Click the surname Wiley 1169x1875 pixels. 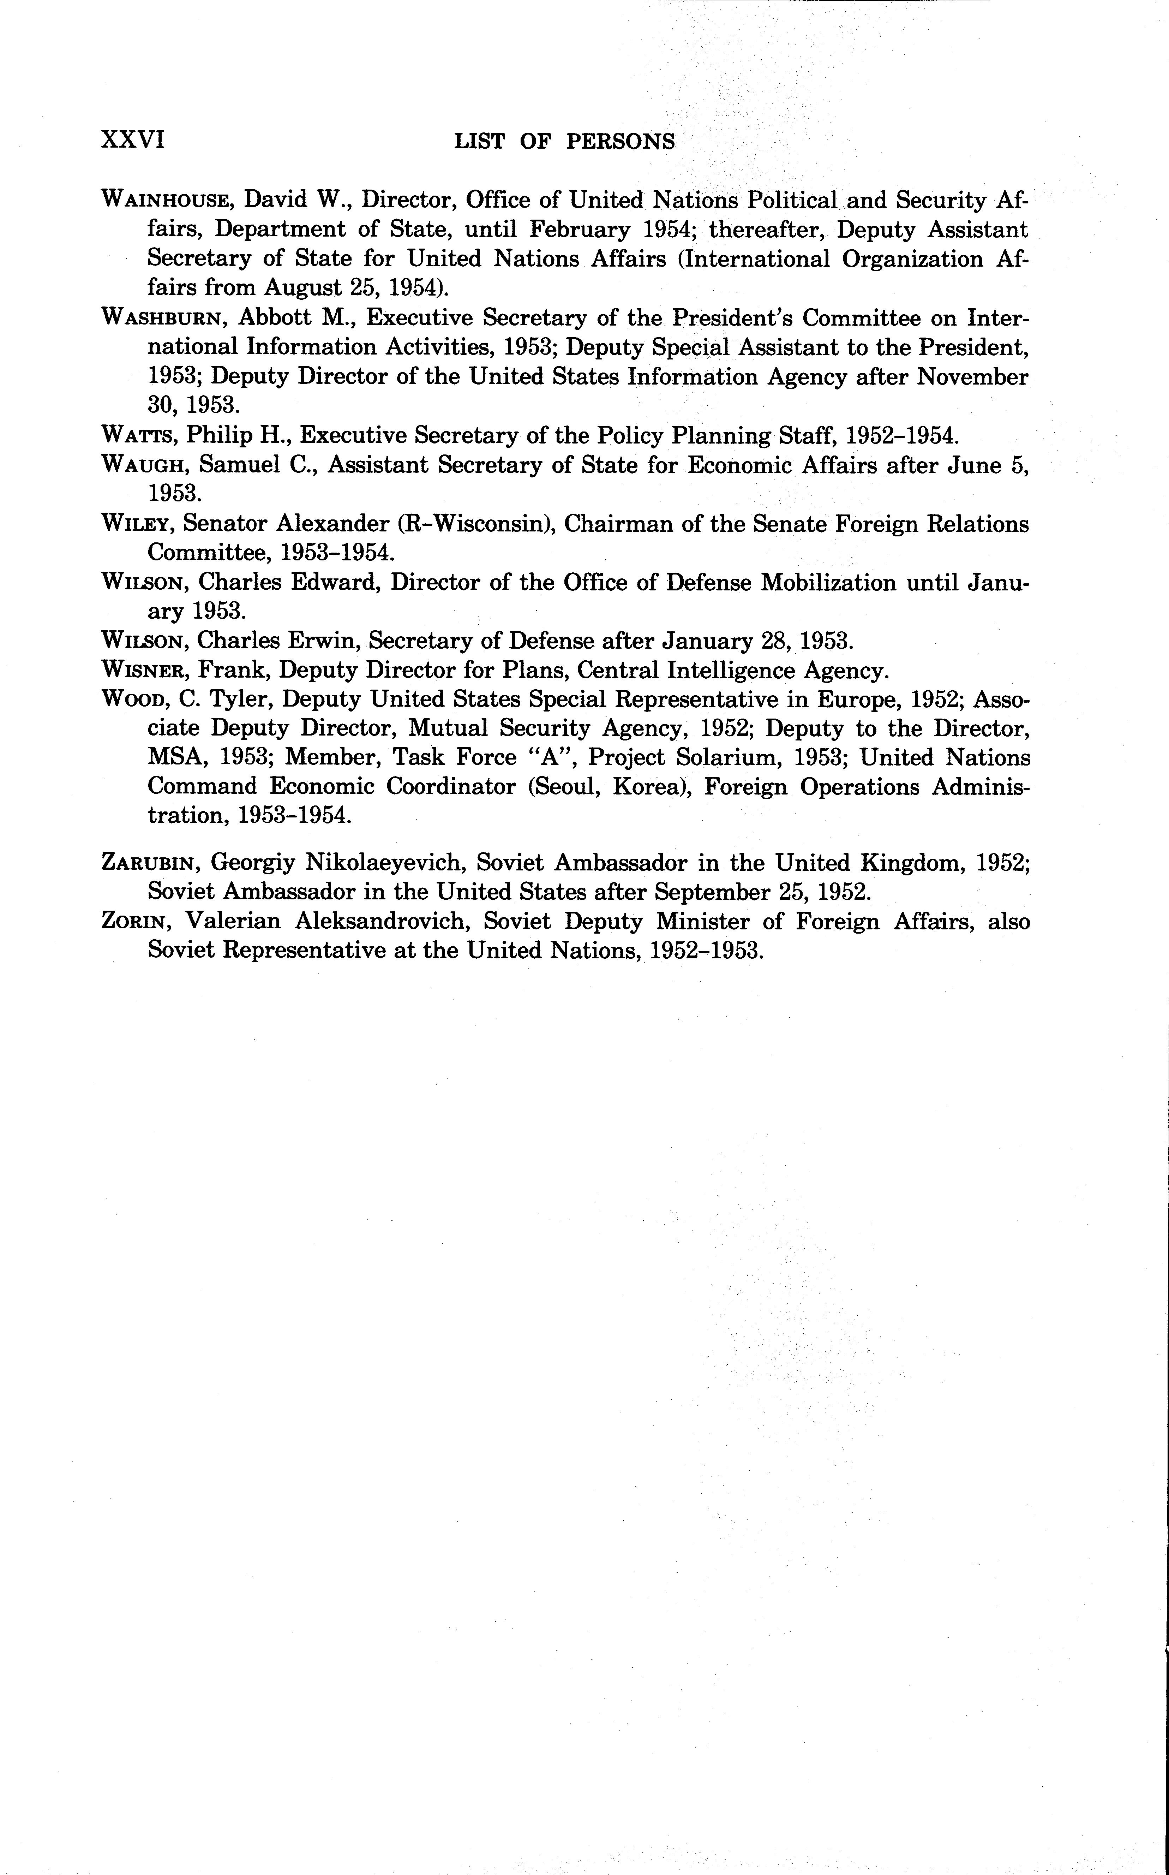pyautogui.click(x=139, y=524)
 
